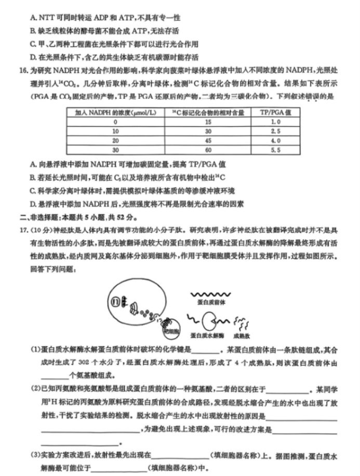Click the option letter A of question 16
tap(33, 165)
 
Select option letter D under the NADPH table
tap(33, 203)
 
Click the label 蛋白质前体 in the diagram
tap(208, 301)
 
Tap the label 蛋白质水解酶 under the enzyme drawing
tap(207, 336)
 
